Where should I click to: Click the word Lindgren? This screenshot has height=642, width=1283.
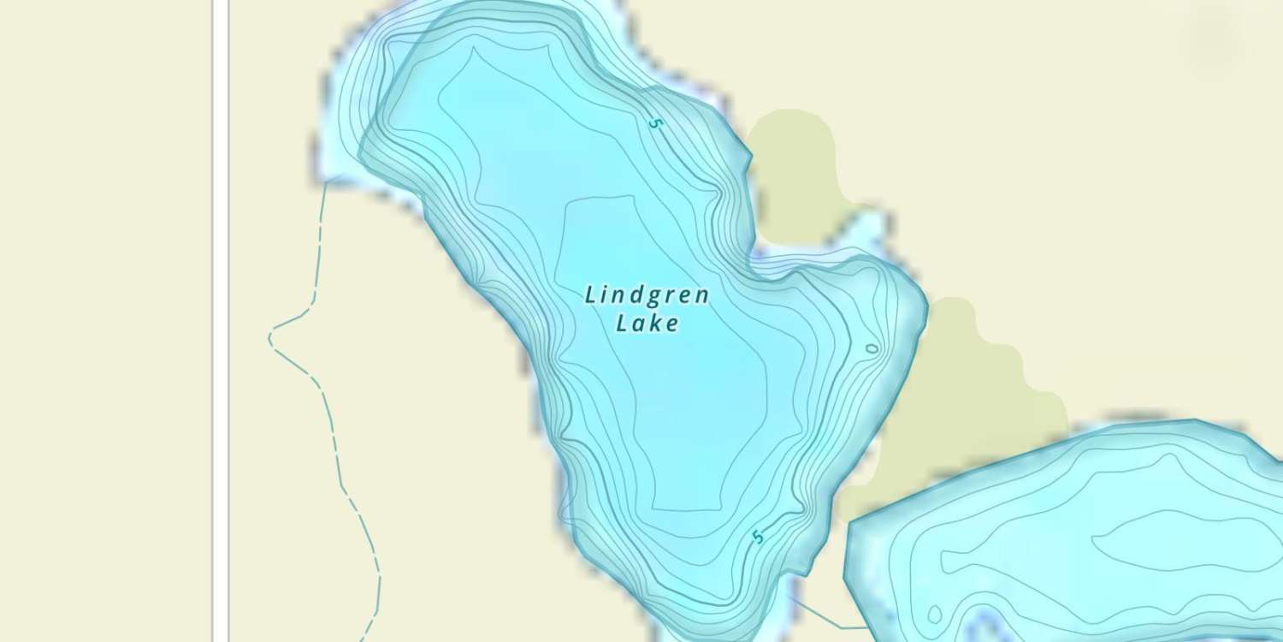click(x=647, y=295)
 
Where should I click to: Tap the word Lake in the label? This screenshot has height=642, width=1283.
click(x=647, y=324)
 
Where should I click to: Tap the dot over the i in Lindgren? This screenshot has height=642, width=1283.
click(x=608, y=288)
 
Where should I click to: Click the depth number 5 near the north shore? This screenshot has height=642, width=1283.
click(x=655, y=123)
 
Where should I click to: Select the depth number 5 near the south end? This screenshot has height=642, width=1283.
click(x=757, y=538)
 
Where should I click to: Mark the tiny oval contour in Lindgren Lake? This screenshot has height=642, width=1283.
click(x=872, y=348)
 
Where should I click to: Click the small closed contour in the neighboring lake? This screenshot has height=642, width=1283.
click(x=934, y=614)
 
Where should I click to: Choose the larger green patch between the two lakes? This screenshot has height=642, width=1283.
click(x=967, y=394)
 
